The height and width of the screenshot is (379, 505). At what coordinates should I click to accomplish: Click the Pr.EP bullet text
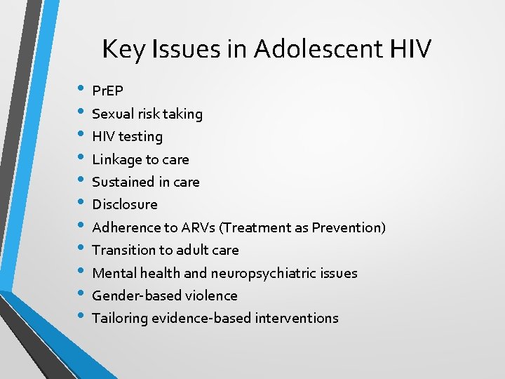107,91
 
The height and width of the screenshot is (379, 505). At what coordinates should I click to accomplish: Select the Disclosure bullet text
125,204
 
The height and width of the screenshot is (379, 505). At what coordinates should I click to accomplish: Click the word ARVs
198,227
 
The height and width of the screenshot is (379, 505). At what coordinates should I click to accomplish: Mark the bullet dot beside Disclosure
81,204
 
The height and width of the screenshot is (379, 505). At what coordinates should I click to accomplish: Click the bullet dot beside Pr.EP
81,90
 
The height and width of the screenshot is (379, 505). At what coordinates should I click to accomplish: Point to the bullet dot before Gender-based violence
81,294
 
